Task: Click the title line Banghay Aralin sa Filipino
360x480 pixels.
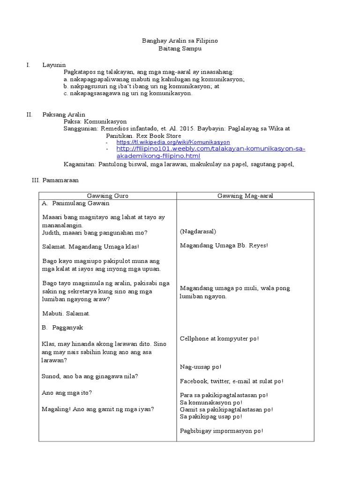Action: [180, 41]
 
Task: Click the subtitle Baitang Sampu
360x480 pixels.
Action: [180, 49]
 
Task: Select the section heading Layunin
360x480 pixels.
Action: [54, 65]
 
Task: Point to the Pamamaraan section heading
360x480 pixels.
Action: [60, 180]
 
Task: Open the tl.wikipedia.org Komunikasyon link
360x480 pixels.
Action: [173, 142]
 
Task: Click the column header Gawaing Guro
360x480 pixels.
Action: [107, 196]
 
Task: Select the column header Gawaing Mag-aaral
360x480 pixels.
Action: [245, 196]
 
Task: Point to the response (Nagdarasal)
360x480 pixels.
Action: [197, 232]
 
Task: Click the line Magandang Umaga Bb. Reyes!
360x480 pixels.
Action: [224, 245]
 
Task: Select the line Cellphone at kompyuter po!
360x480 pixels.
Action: [219, 338]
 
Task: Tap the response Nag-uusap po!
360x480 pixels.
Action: [201, 367]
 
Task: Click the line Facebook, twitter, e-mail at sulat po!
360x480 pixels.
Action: [231, 381]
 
